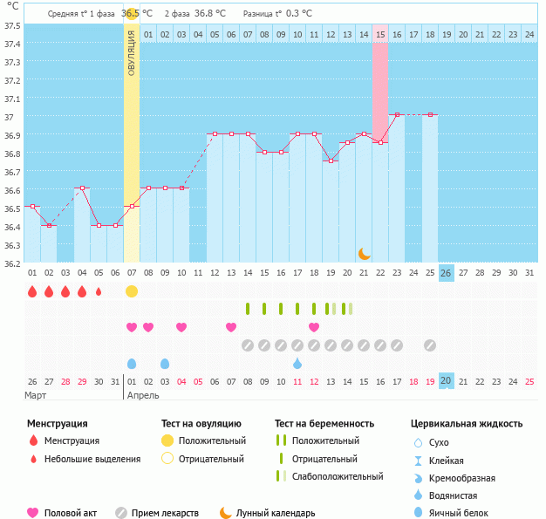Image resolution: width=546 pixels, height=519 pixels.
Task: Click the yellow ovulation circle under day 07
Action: (x=132, y=290)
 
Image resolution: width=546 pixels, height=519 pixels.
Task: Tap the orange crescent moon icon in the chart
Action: (x=365, y=254)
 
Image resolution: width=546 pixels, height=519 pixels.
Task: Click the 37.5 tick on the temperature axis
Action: (x=12, y=25)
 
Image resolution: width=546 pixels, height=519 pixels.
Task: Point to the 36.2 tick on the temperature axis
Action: (x=12, y=263)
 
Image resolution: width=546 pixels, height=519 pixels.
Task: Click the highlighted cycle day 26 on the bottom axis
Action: (x=447, y=273)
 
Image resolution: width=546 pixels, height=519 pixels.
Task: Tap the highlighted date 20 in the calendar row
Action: (x=447, y=380)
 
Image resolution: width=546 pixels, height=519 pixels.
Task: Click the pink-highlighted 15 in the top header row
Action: (x=380, y=34)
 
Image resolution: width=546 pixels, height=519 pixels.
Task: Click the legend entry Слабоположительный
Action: (x=338, y=476)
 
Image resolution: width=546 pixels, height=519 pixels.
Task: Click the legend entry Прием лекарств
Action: (x=165, y=513)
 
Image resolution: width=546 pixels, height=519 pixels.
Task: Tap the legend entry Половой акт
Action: (x=71, y=513)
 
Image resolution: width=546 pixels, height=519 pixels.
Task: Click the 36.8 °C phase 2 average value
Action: (x=209, y=14)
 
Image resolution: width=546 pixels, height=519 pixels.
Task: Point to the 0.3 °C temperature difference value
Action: (x=297, y=14)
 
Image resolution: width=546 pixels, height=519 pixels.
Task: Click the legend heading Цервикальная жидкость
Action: (x=467, y=424)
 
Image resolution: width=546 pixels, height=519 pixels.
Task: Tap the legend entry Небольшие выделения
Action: (x=92, y=459)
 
